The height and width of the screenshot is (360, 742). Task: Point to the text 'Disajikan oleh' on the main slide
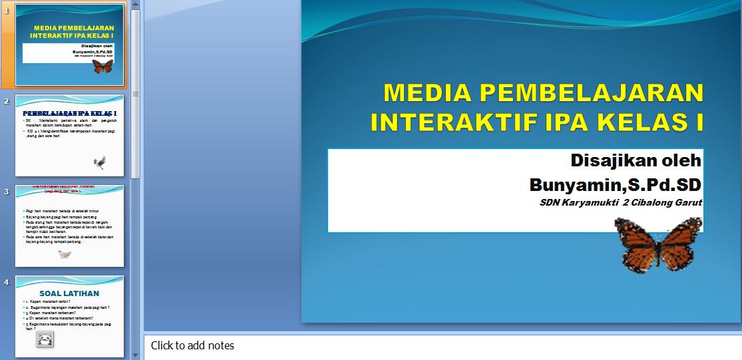coord(636,160)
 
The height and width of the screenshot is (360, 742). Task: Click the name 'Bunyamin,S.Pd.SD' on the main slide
coord(616,184)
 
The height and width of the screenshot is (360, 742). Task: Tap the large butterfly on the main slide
coord(658,246)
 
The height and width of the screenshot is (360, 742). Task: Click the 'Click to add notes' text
coord(192,345)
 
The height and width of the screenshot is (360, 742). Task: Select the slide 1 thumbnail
coord(70,45)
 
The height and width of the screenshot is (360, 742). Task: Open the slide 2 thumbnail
coord(70,135)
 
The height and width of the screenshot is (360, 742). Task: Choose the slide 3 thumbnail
coord(70,226)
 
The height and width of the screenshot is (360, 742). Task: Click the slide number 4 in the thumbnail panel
coord(6,282)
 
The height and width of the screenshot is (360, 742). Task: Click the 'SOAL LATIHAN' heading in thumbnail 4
coord(69,293)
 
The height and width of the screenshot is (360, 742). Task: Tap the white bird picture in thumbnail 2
coord(100,162)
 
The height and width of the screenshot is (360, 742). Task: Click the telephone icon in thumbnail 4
coord(45,339)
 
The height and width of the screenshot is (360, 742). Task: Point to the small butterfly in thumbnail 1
coord(102,66)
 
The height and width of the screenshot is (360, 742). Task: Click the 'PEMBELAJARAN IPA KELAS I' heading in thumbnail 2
coord(70,113)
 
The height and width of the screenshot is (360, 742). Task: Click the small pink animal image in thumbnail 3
coord(65,254)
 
